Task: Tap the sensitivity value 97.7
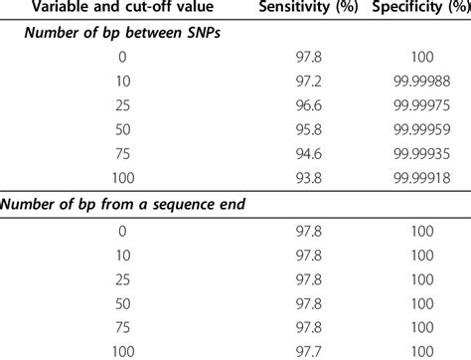[x=302, y=352]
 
